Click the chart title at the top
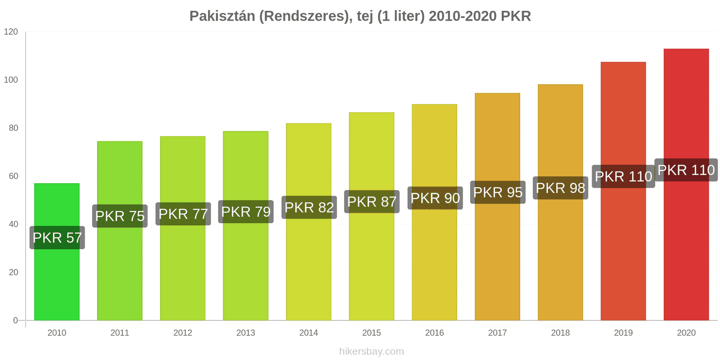tap(360, 16)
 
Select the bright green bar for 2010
tap(57, 252)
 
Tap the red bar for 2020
tap(686, 184)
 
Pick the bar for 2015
tap(372, 216)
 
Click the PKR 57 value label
tap(57, 238)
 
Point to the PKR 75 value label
tap(120, 216)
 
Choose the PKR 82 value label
tap(309, 207)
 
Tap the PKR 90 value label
tap(435, 198)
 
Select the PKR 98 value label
tap(561, 188)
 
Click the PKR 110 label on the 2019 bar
tap(624, 176)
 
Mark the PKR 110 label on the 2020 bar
tap(686, 170)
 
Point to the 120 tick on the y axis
tap(11, 31)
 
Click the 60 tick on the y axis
tap(13, 176)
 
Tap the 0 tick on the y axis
tap(15, 320)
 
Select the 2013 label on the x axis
tap(246, 333)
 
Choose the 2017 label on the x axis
tap(498, 333)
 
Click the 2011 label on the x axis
tap(120, 333)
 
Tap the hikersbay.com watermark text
tap(372, 351)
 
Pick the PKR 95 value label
tap(498, 192)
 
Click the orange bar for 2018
tap(560, 202)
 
